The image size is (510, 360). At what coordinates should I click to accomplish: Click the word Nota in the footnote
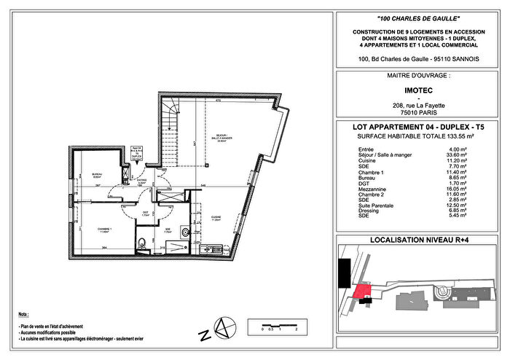pyautogui.click(x=25, y=313)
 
